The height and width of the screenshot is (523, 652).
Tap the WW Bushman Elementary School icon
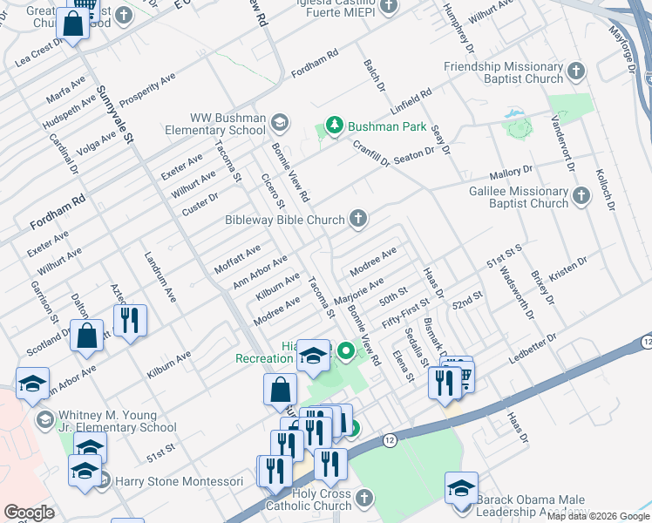point(280,120)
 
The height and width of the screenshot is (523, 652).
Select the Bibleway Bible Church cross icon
point(357,219)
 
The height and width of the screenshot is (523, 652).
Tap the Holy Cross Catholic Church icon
point(363,498)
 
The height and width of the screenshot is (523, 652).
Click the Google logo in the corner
point(29,513)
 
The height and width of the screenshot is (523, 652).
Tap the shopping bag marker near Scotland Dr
point(88,335)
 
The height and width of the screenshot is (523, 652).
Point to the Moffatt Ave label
point(237,259)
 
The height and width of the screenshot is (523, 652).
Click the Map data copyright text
point(597,517)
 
